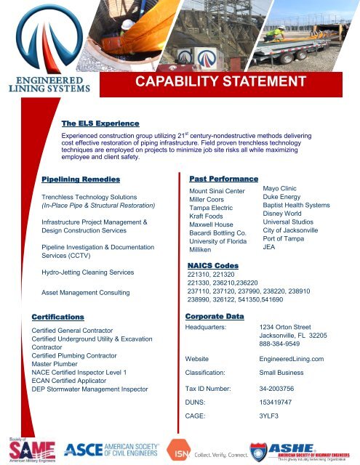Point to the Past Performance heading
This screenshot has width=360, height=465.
pyautogui.click(x=213, y=178)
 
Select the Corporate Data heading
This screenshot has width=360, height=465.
pyautogui.click(x=214, y=317)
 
